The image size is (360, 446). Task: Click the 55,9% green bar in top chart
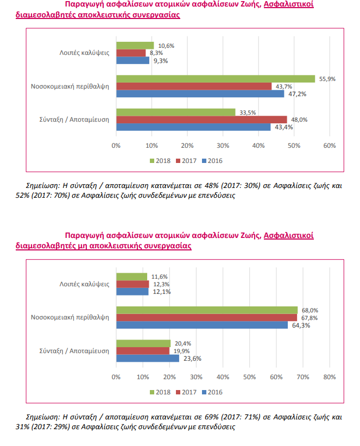[215, 79]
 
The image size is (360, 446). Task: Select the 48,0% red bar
[201, 120]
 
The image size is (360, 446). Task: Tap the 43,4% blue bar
[193, 127]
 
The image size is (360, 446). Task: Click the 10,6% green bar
[135, 46]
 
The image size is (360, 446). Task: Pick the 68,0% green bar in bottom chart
[206, 310]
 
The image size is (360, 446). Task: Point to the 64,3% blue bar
[201, 325]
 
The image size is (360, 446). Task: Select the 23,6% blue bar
[147, 359]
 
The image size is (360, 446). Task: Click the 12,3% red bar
[132, 284]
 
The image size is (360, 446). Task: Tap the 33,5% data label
[247, 112]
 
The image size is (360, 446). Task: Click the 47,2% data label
[295, 94]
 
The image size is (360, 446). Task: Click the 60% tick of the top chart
[329, 146]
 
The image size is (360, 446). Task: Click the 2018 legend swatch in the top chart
[153, 161]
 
